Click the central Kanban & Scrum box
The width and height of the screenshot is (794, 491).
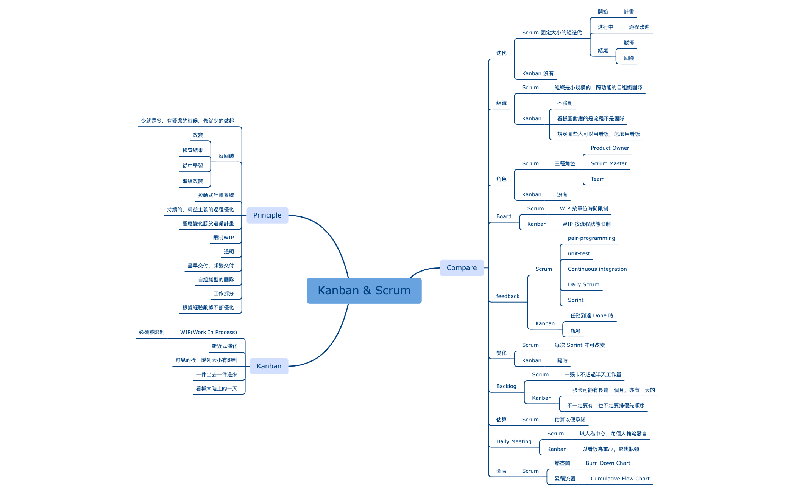coord(364,291)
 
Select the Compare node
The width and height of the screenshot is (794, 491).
coord(462,268)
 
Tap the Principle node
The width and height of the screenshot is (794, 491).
coord(267,215)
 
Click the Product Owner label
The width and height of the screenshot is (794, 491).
coord(610,148)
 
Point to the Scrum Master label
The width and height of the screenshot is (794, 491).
coord(608,163)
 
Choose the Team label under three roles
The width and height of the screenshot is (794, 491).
coord(597,179)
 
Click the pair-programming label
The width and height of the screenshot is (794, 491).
coord(591,238)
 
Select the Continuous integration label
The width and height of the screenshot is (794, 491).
coord(597,269)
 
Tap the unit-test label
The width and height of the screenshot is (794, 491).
coord(579,253)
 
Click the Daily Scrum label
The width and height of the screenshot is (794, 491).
coord(583,284)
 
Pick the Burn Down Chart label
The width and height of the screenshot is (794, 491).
coord(608,463)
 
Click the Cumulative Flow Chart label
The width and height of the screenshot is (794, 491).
coord(620,479)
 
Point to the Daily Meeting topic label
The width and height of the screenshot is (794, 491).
coord(513,441)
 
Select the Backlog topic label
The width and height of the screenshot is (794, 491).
coord(506,386)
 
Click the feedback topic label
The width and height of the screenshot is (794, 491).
coord(507,296)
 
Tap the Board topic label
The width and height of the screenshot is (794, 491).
coord(504,216)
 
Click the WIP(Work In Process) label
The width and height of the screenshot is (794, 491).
coord(208,332)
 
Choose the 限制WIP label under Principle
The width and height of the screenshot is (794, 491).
coord(223,238)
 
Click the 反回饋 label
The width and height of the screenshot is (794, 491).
coord(226,156)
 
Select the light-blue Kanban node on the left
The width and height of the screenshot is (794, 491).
coord(269,366)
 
